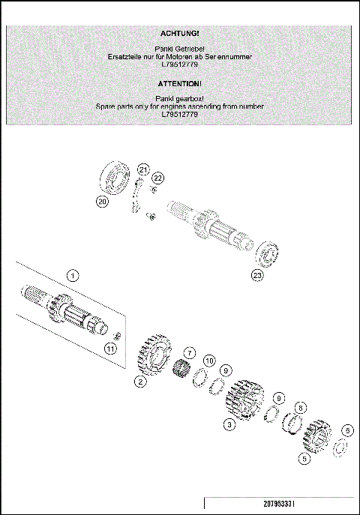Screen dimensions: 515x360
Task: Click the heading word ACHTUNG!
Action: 179,34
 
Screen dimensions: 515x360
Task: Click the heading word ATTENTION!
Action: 179,84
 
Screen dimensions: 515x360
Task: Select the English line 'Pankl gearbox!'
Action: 179,98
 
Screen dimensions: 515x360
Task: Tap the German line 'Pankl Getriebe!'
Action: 179,48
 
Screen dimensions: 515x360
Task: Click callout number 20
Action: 102,201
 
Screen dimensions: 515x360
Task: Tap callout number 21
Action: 143,168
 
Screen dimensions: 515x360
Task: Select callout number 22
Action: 157,178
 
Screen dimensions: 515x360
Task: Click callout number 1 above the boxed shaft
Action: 72,275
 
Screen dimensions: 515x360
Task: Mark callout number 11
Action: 110,348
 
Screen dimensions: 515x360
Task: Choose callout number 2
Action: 139,381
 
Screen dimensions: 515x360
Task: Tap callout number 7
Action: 190,352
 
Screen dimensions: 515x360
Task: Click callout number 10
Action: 209,361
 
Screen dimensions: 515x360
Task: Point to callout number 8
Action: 301,407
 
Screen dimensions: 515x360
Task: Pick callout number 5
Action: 304,457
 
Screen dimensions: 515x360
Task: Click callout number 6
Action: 346,430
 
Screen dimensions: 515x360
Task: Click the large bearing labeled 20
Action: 115,178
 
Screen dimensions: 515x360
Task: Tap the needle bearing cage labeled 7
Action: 180,370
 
